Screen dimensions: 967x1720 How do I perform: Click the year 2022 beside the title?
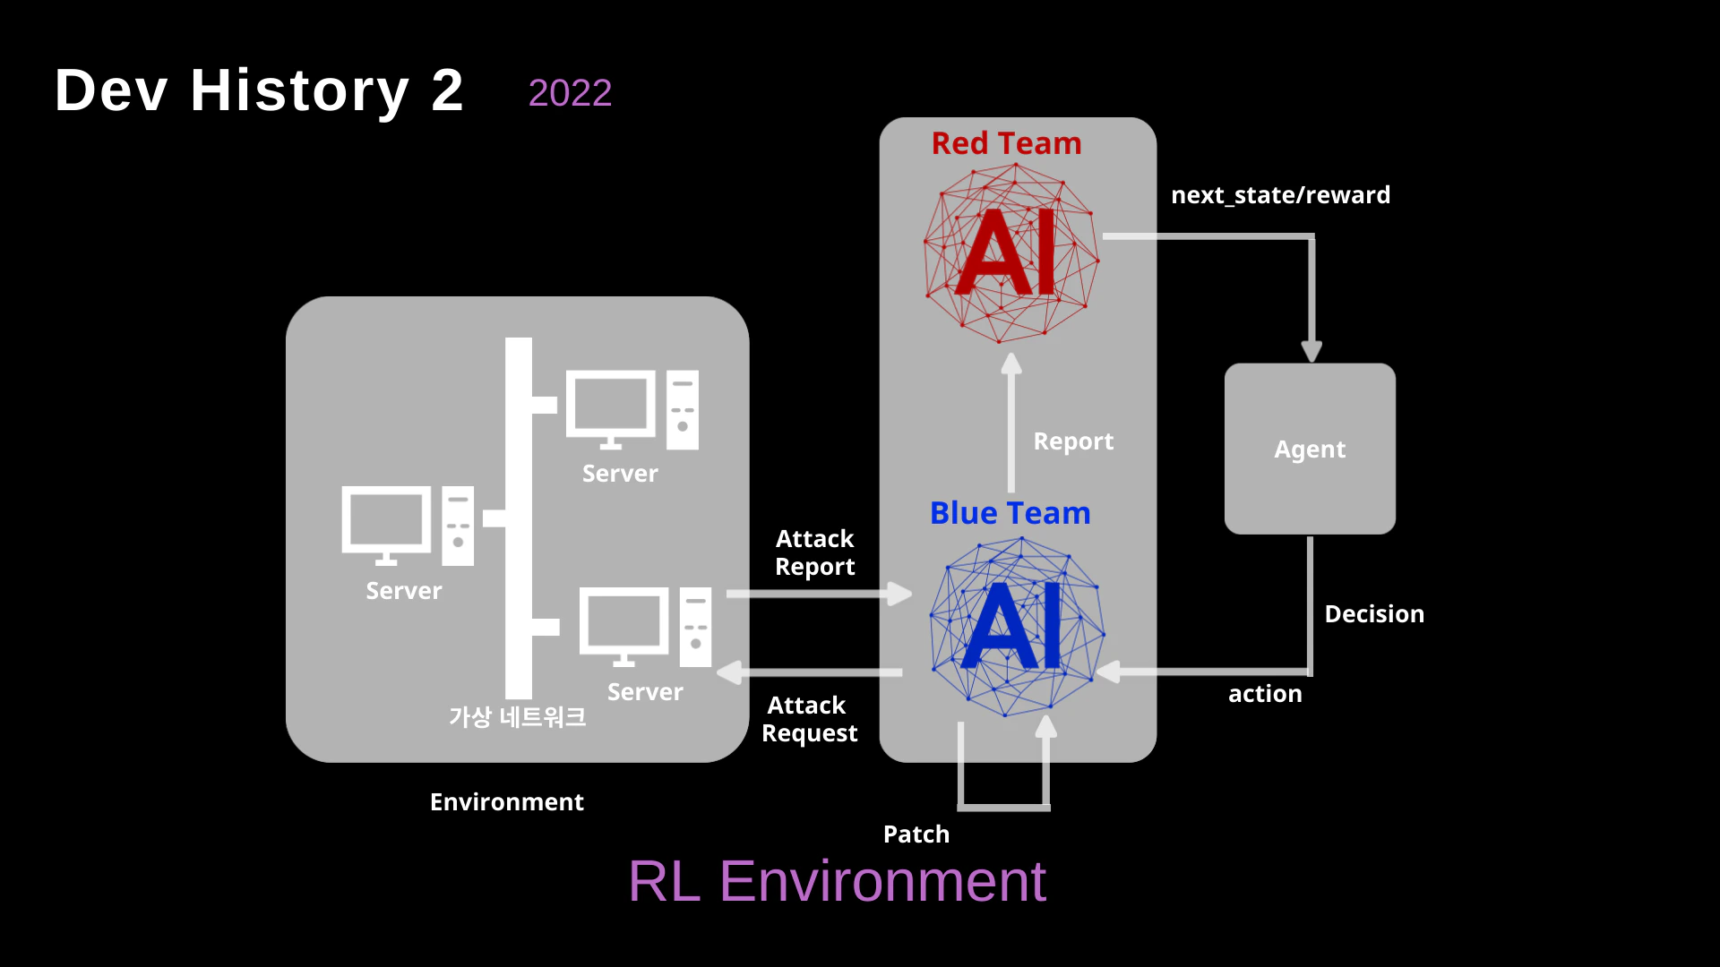pos(570,93)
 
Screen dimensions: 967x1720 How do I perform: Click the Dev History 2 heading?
pos(259,90)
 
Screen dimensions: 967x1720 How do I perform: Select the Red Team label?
pos(1006,143)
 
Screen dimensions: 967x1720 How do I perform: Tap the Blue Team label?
pos(1010,513)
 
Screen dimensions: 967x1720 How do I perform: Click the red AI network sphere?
pos(1011,254)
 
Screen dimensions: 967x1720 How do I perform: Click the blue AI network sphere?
pos(1017,627)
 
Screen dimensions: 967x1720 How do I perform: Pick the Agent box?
pos(1310,449)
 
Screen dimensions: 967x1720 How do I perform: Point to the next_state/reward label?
pos(1280,195)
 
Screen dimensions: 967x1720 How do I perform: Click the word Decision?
pos(1374,614)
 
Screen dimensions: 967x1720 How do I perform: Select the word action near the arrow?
pos(1265,694)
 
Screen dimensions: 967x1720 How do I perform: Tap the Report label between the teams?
pos(1073,441)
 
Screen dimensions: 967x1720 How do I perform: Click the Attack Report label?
pos(814,552)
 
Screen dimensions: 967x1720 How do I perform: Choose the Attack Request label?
pos(809,719)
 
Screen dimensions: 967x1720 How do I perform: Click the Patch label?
pos(916,834)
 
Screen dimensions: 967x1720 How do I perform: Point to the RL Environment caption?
pos(837,881)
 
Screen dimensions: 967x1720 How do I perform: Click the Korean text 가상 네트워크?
pos(517,717)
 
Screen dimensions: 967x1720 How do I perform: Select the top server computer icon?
pos(632,409)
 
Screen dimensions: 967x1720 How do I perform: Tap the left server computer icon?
pos(408,526)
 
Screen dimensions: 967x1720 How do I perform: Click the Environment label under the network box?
pos(506,802)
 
